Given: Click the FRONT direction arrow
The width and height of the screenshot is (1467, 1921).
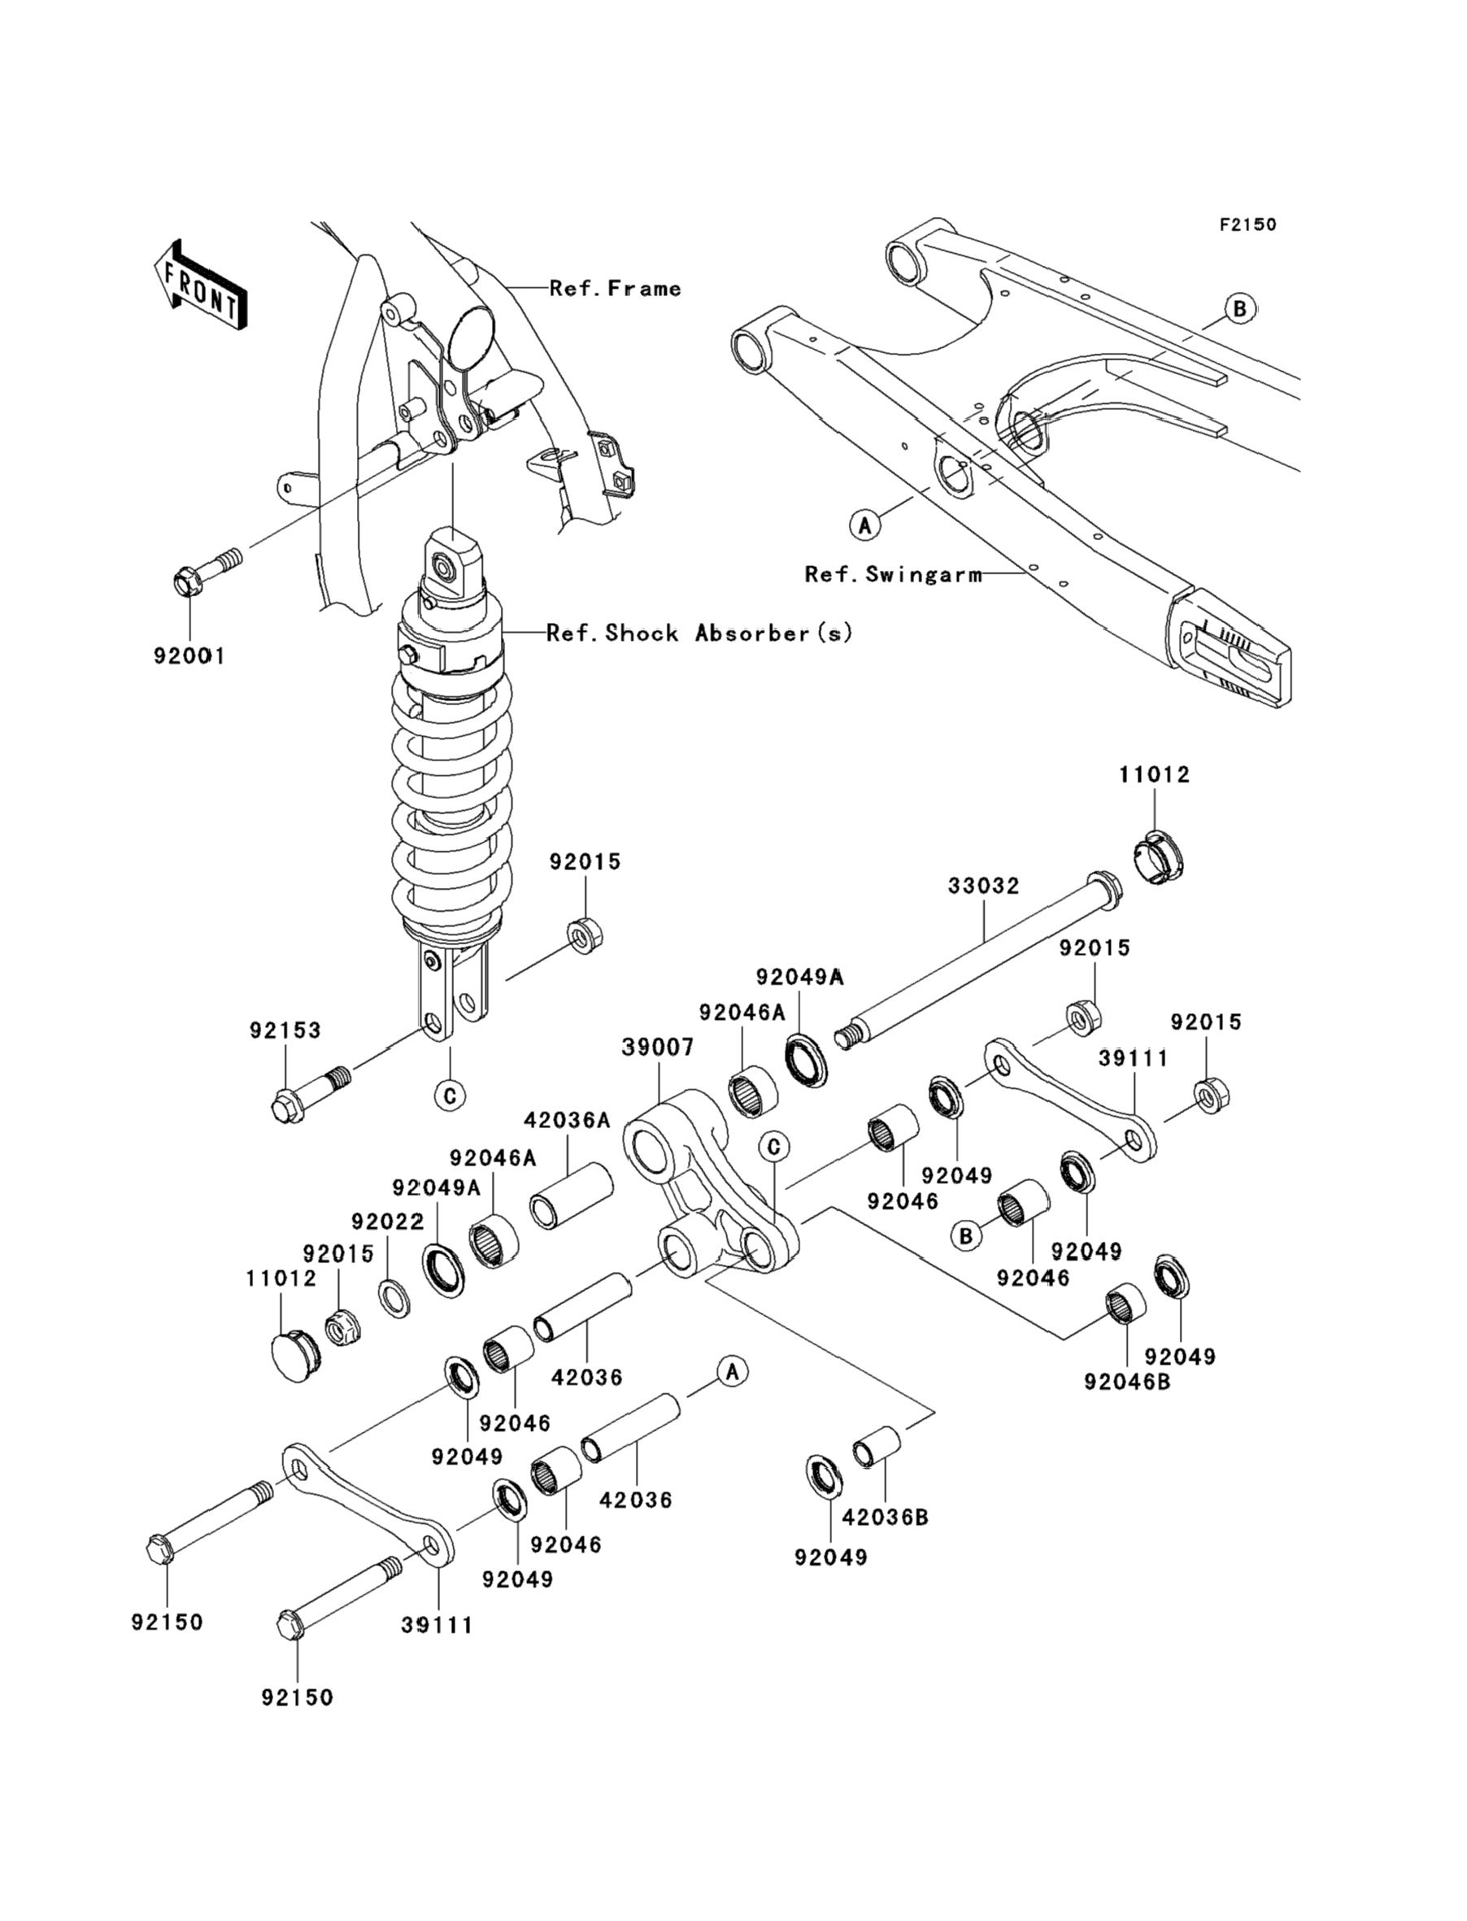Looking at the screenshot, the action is tap(200, 285).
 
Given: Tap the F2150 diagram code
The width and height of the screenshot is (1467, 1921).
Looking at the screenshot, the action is tap(1247, 224).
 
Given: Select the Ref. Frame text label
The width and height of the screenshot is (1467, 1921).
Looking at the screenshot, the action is tap(616, 288).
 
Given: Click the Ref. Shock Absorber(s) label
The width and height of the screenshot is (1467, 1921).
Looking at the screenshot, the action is tap(699, 632).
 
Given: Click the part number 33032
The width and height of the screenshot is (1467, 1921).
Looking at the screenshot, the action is tap(984, 886).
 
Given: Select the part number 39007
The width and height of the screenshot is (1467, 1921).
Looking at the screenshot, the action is tap(658, 1047).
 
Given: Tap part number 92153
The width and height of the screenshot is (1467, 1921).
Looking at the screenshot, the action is tap(285, 1030).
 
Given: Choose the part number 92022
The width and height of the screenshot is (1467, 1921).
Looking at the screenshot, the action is tap(388, 1221).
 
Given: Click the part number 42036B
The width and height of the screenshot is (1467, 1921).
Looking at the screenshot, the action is tap(886, 1518).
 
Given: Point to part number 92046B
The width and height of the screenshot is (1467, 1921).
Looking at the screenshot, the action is tap(1127, 1383).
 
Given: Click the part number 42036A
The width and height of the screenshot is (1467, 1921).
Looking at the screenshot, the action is tap(567, 1119).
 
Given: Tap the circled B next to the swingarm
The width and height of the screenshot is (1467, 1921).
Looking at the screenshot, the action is tap(1239, 308).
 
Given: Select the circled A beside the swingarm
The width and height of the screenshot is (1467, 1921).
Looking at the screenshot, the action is tap(864, 525).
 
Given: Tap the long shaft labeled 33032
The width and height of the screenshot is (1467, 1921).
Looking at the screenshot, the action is tap(979, 960).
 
